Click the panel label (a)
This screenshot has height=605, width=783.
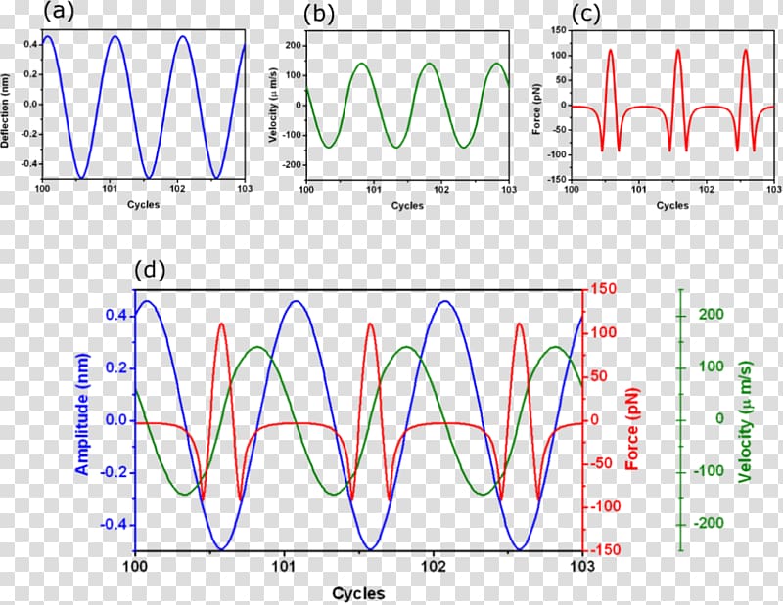coord(57,13)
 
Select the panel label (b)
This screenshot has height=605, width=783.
coord(321,13)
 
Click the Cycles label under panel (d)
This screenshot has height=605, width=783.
coord(357,593)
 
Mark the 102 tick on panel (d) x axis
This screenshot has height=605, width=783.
coord(434,566)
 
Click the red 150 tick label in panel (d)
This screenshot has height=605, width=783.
coord(602,290)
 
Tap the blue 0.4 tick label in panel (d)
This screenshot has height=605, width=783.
coord(117,316)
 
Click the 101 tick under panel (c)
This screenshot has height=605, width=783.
coord(638,190)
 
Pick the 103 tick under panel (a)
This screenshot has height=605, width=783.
coord(244,190)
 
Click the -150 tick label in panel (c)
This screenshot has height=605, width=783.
coord(555,179)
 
